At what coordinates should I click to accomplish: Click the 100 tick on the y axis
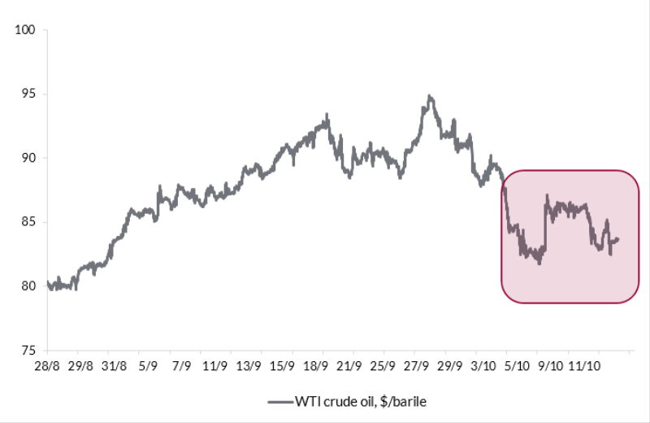point(27,30)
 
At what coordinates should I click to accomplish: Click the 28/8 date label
point(47,366)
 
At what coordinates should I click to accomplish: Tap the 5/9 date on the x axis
point(148,366)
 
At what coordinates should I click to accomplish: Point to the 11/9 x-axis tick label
point(215,366)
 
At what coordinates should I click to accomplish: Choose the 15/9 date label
point(282,366)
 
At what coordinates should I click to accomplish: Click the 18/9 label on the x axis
point(316,366)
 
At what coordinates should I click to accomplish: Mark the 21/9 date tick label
point(349,366)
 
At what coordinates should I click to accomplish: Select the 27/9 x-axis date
point(417,366)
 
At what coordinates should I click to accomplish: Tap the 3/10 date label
point(484,366)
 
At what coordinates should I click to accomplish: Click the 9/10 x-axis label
point(551,366)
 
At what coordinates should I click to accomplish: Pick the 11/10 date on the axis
point(585,366)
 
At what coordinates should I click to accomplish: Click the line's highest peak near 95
point(429,96)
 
